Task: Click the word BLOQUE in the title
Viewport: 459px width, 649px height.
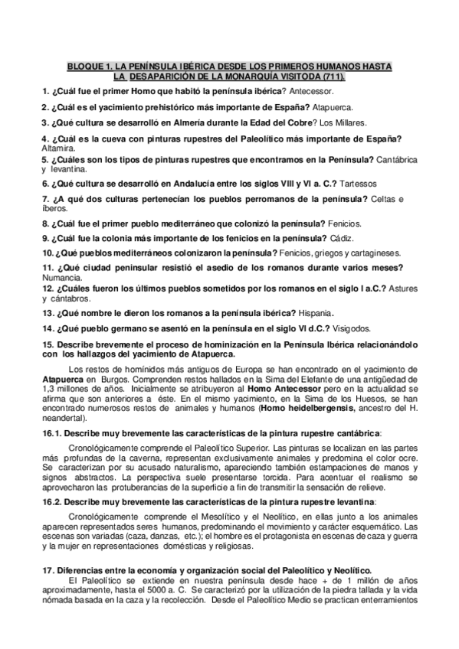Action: point(87,67)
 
